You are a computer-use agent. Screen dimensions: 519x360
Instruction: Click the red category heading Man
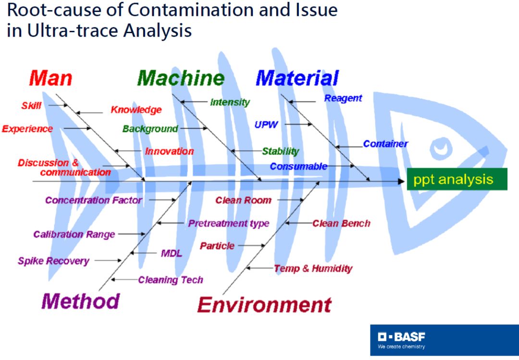click(50, 78)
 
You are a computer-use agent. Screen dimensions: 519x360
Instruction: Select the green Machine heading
click(181, 78)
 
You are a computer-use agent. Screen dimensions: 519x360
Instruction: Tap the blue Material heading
click(297, 78)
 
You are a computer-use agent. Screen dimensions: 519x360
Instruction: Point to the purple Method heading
click(80, 301)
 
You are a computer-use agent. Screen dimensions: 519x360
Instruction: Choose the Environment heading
click(264, 305)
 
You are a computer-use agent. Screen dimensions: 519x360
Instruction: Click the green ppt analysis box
click(457, 179)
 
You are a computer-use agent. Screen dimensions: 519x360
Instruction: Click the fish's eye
click(441, 148)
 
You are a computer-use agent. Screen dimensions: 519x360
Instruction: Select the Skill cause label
click(31, 106)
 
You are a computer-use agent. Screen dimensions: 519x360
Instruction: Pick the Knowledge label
click(136, 110)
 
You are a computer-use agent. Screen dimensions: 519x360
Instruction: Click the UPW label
click(266, 125)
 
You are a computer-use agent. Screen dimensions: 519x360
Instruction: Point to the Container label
click(385, 144)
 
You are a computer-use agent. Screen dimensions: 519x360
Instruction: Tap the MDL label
click(172, 253)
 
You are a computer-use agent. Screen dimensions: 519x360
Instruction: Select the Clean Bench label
click(341, 223)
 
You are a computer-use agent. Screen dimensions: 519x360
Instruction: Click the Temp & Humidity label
click(313, 268)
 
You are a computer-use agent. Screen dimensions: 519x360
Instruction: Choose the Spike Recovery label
click(54, 261)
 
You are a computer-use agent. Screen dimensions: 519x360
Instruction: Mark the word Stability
click(281, 151)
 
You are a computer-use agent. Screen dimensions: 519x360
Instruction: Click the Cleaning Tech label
click(171, 280)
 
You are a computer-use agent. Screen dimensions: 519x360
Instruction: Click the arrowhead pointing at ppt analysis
click(401, 182)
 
